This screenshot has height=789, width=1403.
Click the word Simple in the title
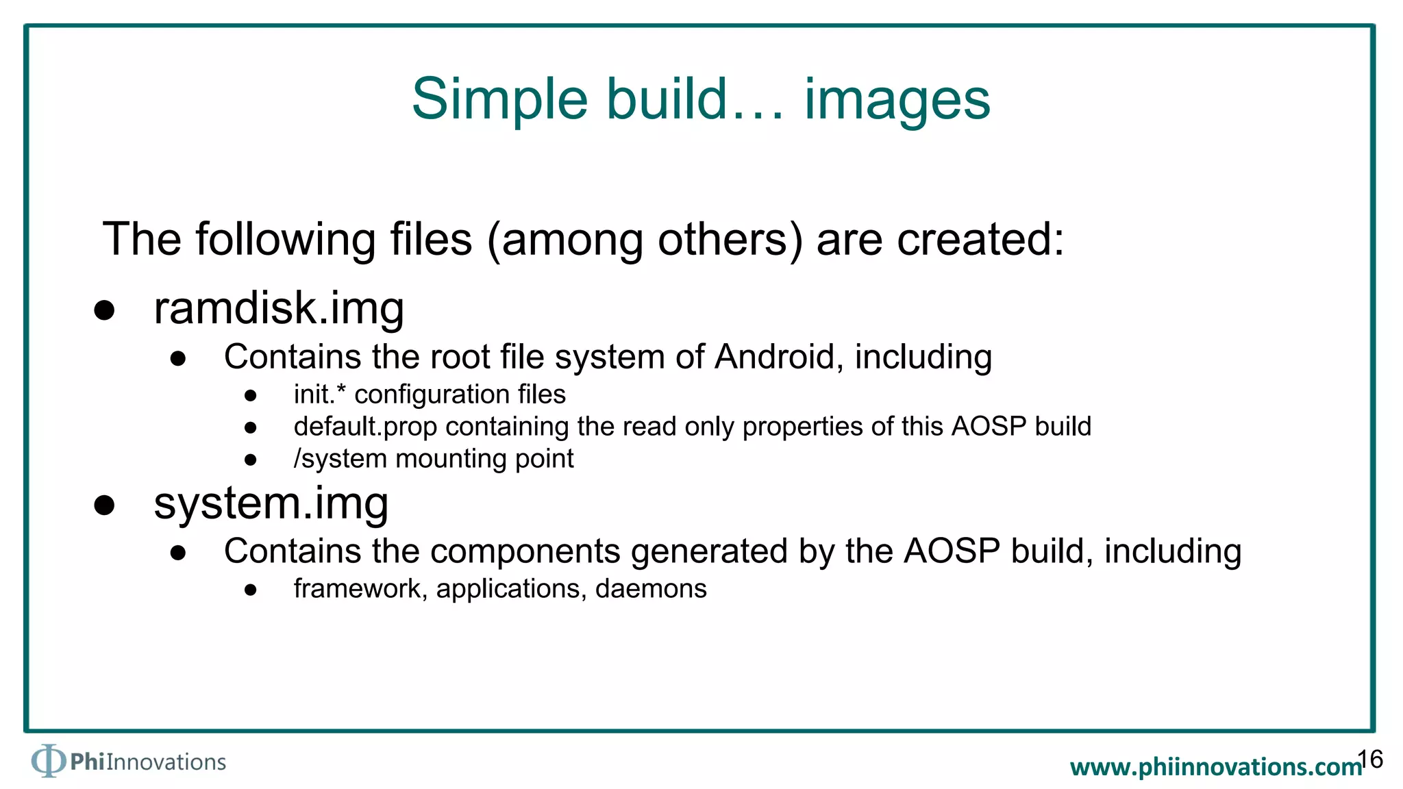499,99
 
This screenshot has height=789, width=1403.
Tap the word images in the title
897,99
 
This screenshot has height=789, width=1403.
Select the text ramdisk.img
279,309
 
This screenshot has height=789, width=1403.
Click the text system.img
271,503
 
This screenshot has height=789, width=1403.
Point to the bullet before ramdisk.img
104,310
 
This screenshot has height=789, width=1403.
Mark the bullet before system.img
104,505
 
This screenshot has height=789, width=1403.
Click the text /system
340,459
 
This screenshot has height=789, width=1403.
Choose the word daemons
651,589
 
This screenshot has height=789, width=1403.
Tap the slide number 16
1370,759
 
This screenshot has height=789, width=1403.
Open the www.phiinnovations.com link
1215,767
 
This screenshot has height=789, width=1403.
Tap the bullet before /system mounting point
251,460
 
